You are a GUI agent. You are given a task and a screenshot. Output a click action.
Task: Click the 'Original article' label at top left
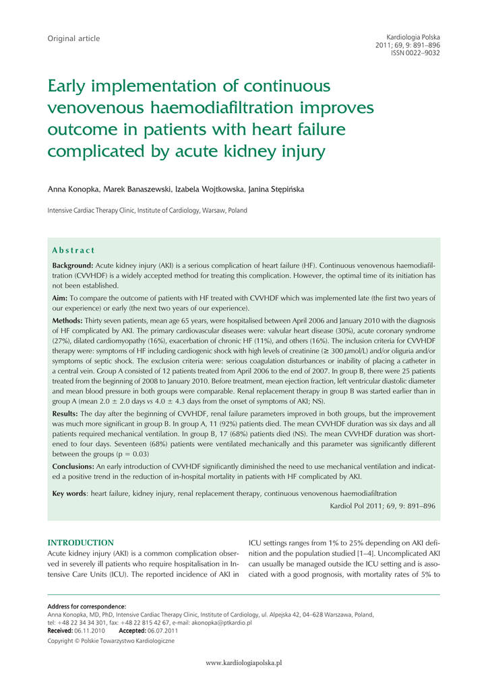click(x=73, y=38)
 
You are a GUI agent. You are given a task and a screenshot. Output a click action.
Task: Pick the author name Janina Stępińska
click(x=276, y=189)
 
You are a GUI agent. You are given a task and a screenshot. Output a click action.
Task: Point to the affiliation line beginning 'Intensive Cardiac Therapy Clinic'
click(x=147, y=211)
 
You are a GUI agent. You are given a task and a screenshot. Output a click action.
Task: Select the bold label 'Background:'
click(x=73, y=266)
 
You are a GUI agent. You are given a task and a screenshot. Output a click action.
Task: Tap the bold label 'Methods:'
click(x=68, y=321)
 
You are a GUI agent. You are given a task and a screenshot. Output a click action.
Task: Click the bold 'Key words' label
click(x=69, y=494)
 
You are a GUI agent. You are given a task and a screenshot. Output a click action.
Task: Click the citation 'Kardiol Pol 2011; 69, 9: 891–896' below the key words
click(x=382, y=505)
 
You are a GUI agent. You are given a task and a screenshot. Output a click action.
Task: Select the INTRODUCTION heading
click(x=80, y=542)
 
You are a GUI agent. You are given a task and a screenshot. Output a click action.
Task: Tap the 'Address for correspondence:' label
click(x=86, y=606)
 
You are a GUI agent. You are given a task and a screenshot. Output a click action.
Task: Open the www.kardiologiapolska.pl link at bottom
click(x=243, y=663)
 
